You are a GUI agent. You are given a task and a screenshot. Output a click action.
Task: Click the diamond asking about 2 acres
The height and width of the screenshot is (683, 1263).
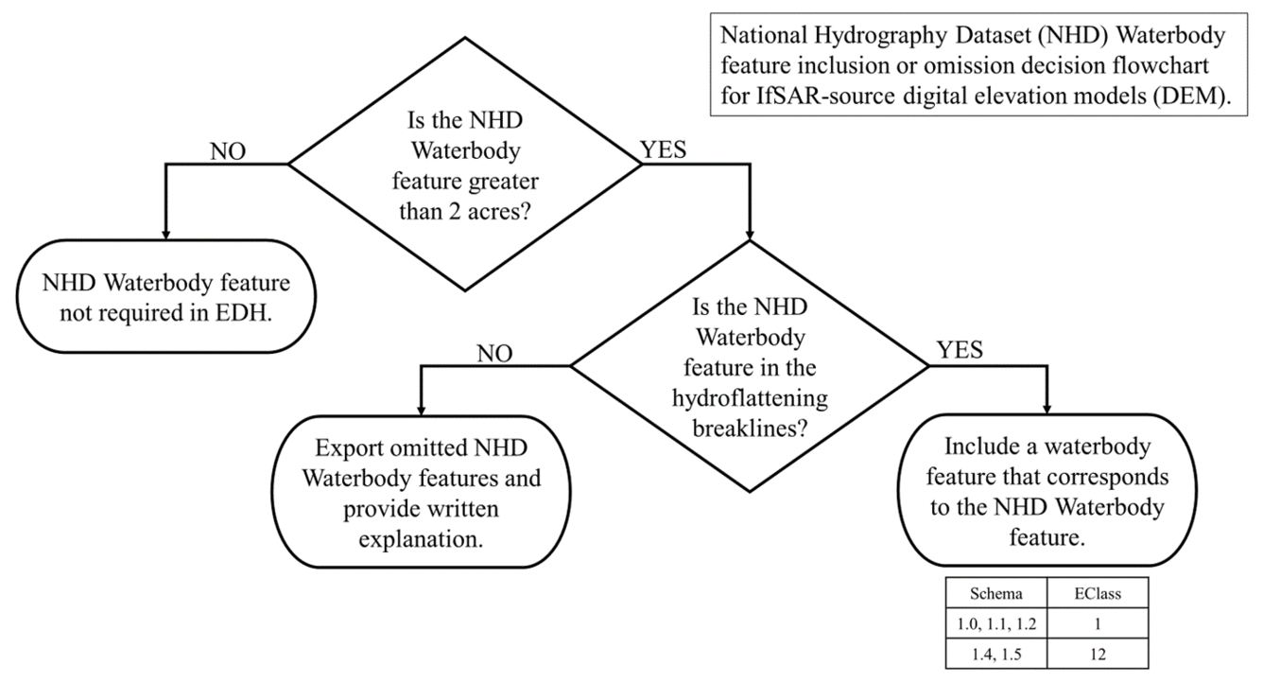click(464, 164)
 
